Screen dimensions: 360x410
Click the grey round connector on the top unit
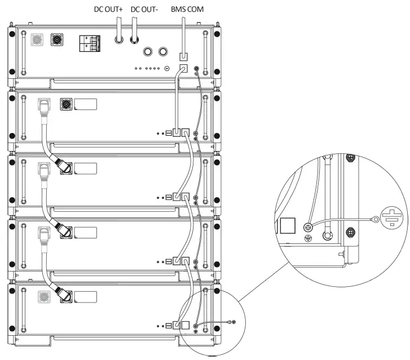(x=38, y=41)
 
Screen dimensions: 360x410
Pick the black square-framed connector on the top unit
(x=58, y=41)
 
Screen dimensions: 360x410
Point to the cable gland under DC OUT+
(x=120, y=40)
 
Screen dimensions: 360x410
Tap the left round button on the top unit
(x=148, y=52)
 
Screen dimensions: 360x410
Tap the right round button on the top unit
(x=163, y=52)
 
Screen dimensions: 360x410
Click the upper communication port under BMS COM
(x=183, y=57)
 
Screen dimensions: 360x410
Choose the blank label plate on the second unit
(x=85, y=104)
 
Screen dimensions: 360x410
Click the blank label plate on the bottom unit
(x=85, y=297)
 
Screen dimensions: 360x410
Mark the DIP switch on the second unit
(x=169, y=134)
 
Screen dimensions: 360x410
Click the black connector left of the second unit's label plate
(x=65, y=104)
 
